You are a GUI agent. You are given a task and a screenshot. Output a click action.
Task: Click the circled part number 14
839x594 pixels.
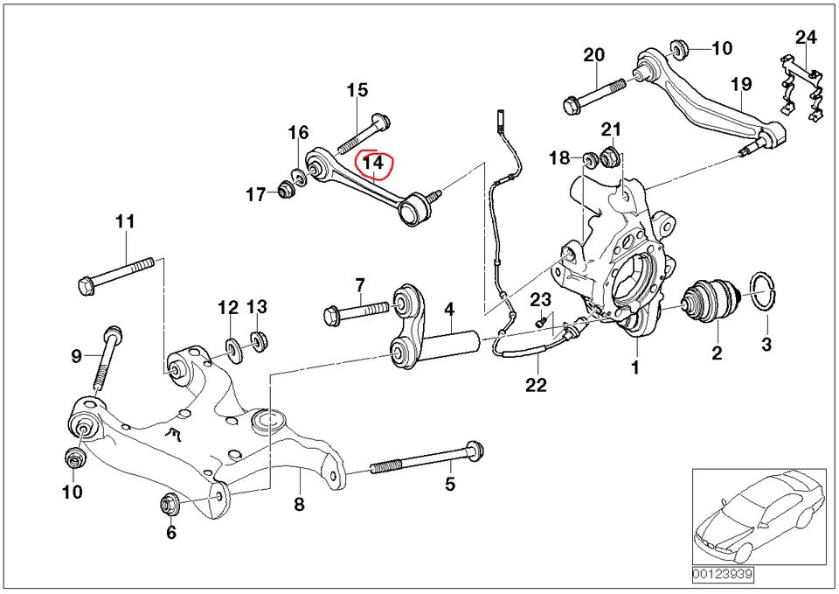point(373,163)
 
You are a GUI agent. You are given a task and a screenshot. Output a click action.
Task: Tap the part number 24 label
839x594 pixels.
point(806,38)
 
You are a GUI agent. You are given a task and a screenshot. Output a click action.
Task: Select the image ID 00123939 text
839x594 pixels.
point(722,575)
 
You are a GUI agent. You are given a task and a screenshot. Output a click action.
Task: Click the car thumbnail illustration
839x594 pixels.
point(758,515)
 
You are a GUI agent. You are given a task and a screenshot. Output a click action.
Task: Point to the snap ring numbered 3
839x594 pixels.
point(766,291)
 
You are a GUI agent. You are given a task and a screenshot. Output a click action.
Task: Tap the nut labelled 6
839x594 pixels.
point(170,504)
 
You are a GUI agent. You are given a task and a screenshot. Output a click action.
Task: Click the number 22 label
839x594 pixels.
point(536,385)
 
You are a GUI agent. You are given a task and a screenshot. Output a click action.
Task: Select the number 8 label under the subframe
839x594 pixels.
point(298,504)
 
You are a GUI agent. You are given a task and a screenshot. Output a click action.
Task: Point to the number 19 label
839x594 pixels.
point(741,85)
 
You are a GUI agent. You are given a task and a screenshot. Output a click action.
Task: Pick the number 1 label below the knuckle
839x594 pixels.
point(635,368)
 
